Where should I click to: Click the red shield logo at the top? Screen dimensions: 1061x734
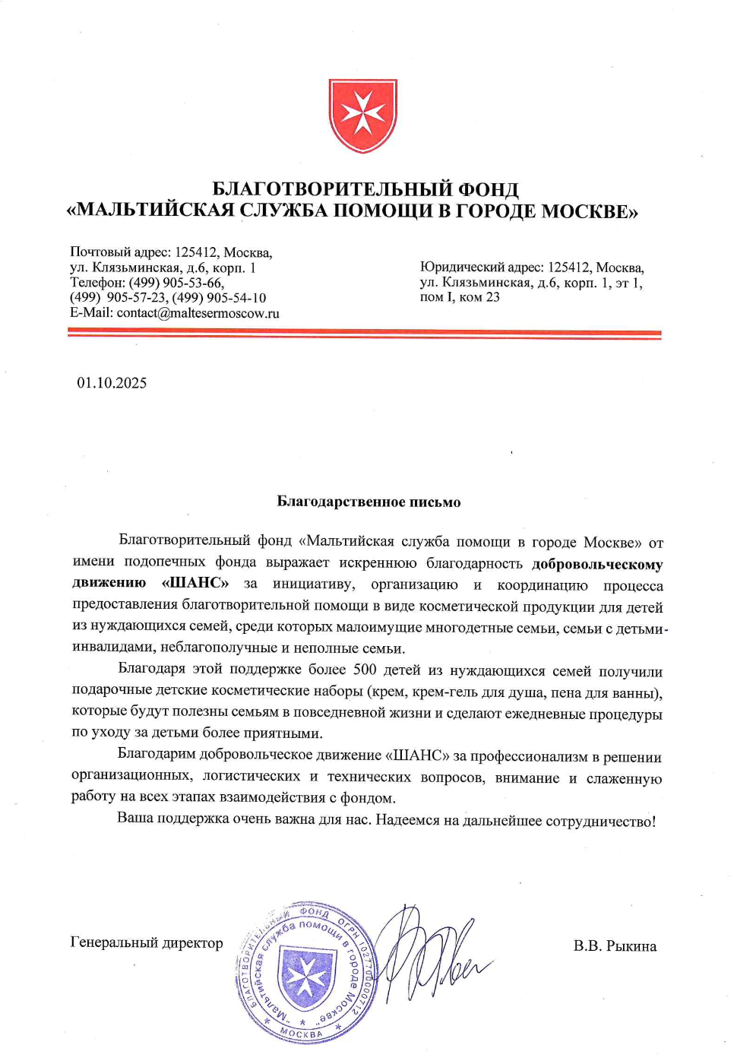coord(363,116)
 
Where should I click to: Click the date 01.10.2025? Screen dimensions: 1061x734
coord(112,383)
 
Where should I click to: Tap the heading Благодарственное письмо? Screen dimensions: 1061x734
coord(369,502)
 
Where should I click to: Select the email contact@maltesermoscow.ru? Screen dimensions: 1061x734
coord(198,312)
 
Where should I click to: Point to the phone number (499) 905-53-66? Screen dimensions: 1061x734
coord(176,283)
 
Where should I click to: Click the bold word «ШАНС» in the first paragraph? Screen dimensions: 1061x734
coord(195,583)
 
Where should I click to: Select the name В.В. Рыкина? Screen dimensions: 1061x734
coord(615,946)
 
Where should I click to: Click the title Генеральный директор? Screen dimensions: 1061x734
coord(147,942)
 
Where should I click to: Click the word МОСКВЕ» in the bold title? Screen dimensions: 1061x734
coord(590,211)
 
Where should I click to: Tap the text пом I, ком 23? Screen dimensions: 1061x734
coord(460,297)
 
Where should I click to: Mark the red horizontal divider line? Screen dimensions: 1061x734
coord(364,333)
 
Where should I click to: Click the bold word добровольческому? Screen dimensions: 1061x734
coord(597,564)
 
